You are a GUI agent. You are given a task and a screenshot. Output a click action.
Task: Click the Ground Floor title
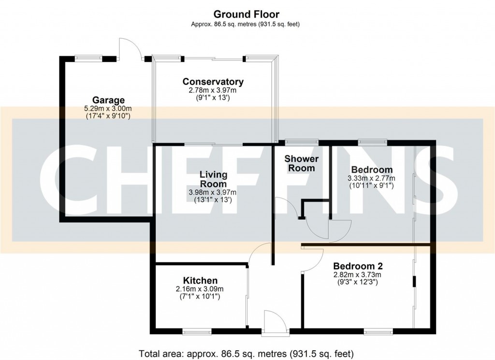pyautogui.click(x=247, y=14)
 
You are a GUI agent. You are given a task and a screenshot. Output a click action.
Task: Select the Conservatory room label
pyautogui.click(x=213, y=81)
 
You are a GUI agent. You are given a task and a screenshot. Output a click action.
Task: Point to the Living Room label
pyautogui.click(x=213, y=179)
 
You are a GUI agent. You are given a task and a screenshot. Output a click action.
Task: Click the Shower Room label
pyautogui.click(x=301, y=163)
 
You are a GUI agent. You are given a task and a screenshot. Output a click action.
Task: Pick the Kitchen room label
pyautogui.click(x=200, y=281)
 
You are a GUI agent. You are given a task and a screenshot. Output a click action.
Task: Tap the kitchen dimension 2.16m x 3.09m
pyautogui.click(x=200, y=289)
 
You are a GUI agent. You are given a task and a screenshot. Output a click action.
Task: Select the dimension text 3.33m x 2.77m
pyautogui.click(x=371, y=178)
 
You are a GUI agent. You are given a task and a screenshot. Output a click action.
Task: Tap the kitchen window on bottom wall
pyautogui.click(x=197, y=332)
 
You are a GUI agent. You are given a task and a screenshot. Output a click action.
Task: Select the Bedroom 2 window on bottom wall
pyautogui.click(x=378, y=332)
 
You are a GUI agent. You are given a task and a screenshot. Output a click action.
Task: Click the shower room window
pyautogui.click(x=301, y=142)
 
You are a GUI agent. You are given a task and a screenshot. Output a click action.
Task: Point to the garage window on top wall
pyautogui.click(x=91, y=59)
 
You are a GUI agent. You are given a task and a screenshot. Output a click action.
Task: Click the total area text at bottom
pyautogui.click(x=247, y=352)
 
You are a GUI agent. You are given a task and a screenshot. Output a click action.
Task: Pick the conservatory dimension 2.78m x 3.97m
pyautogui.click(x=213, y=90)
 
